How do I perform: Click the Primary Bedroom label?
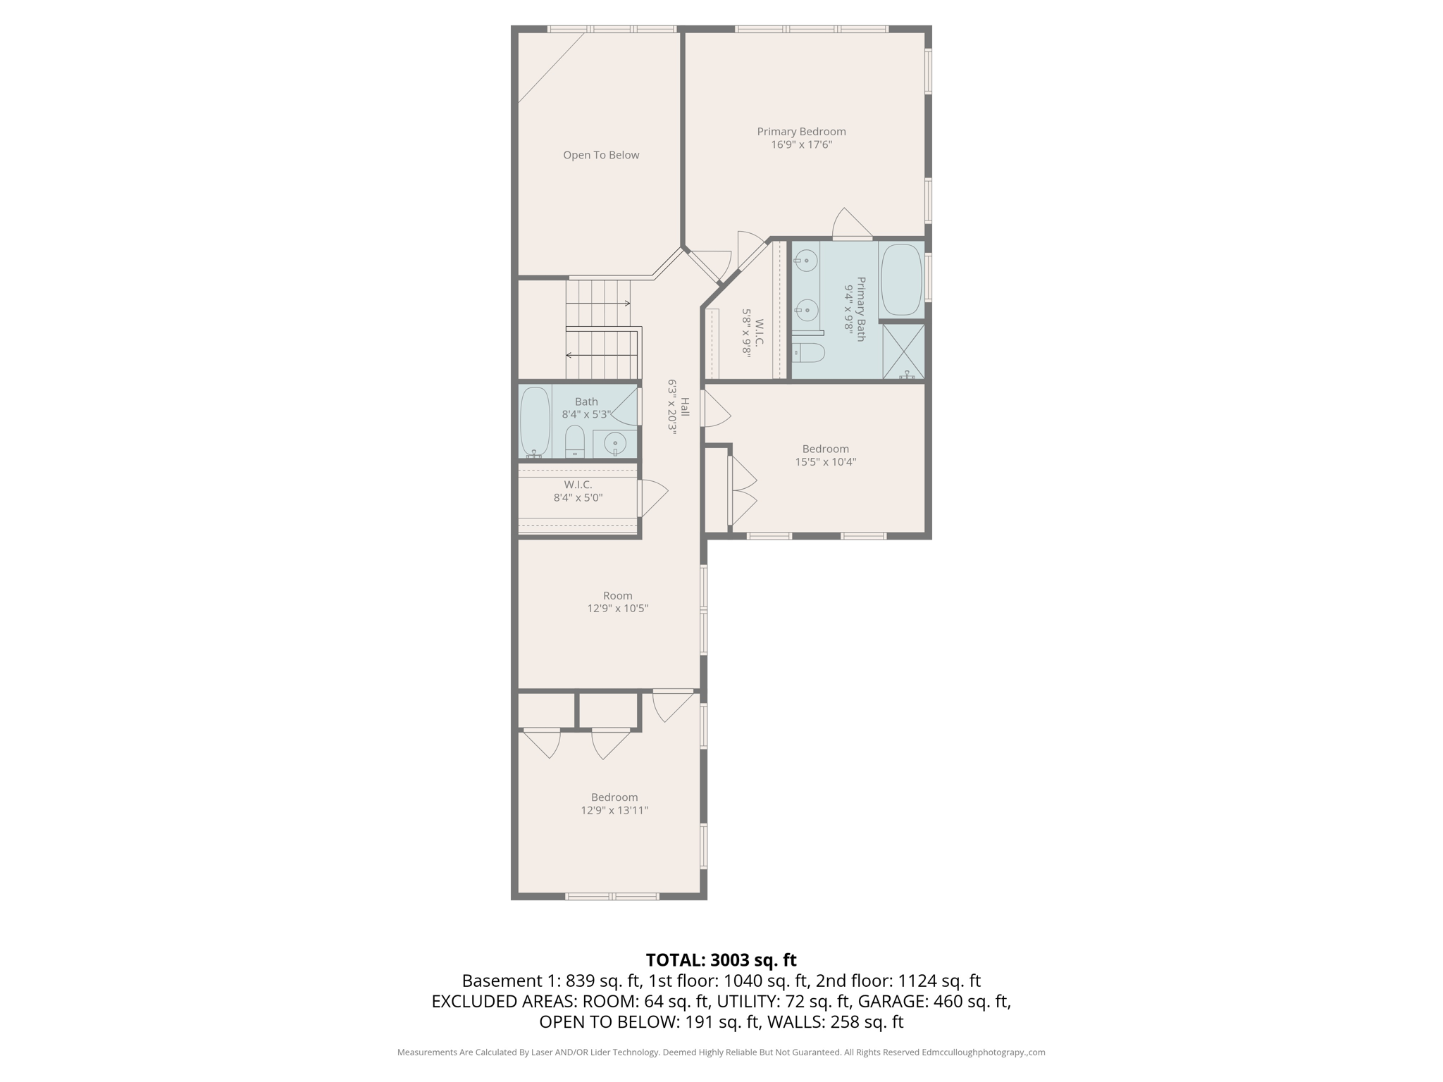(801, 132)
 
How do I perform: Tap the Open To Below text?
(601, 155)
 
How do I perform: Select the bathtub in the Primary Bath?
(901, 280)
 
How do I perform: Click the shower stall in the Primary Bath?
(903, 352)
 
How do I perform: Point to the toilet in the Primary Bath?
(809, 353)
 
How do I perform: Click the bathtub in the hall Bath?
(535, 421)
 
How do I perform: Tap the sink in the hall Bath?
(615, 444)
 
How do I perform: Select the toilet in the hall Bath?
(575, 442)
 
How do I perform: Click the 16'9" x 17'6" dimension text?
(801, 145)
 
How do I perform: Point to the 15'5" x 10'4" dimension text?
(825, 462)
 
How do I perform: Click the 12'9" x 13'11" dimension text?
(614, 810)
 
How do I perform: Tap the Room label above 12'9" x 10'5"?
(617, 595)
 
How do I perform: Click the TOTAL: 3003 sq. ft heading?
(721, 960)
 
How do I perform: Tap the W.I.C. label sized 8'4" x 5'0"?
(578, 485)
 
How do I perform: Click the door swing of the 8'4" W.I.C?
(653, 497)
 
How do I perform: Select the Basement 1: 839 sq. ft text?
(551, 981)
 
